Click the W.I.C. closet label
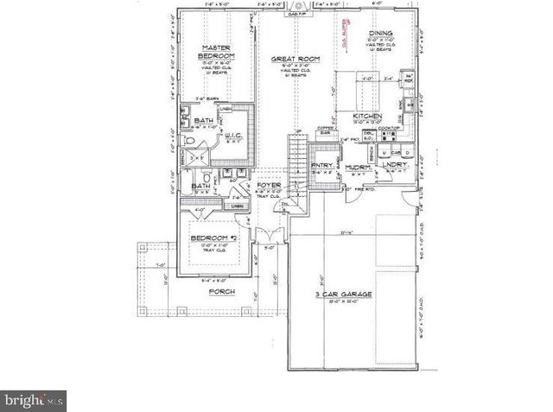(x=232, y=134)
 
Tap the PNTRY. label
(x=322, y=165)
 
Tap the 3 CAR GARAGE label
(x=343, y=295)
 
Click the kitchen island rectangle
(x=354, y=88)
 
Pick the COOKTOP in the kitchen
(x=387, y=132)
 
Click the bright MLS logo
(x=33, y=400)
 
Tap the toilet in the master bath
(x=189, y=141)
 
